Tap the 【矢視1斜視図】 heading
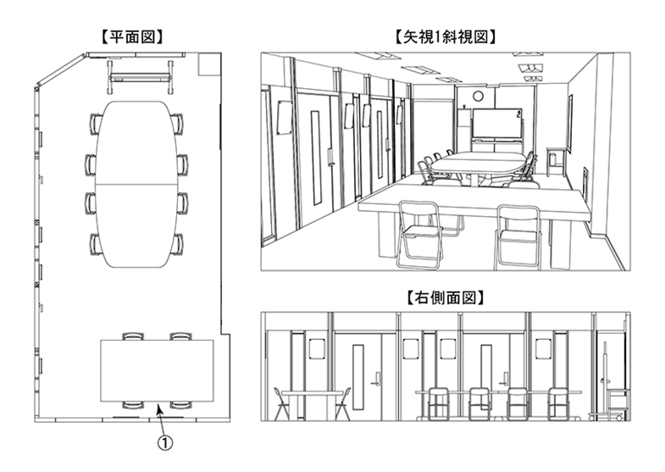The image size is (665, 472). pos(444,36)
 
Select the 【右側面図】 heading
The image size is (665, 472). pos(444,298)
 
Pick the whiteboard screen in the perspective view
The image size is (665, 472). pos(497,126)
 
